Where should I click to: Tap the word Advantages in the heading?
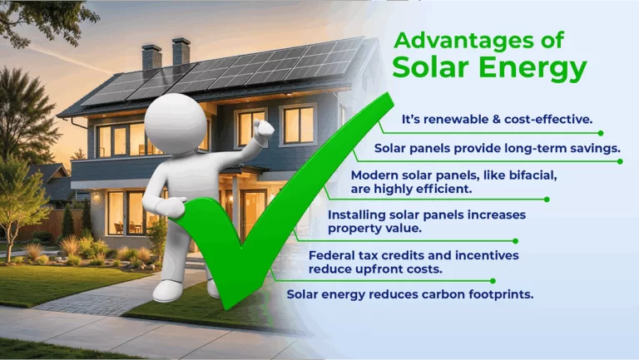pos(457,39)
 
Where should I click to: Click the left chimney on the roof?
pos(151,57)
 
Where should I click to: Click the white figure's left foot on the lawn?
pos(169,290)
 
